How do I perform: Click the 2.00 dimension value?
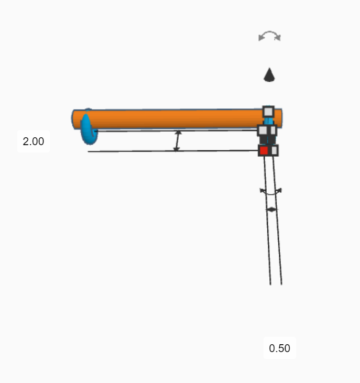click(34, 141)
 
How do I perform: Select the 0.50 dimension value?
click(280, 348)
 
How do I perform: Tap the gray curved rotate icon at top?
click(270, 36)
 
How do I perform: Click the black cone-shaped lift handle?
click(269, 74)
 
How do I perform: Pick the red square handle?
click(264, 150)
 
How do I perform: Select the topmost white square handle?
click(268, 112)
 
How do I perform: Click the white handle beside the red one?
click(274, 150)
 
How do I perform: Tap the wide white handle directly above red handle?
click(263, 130)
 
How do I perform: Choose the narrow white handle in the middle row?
click(273, 130)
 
